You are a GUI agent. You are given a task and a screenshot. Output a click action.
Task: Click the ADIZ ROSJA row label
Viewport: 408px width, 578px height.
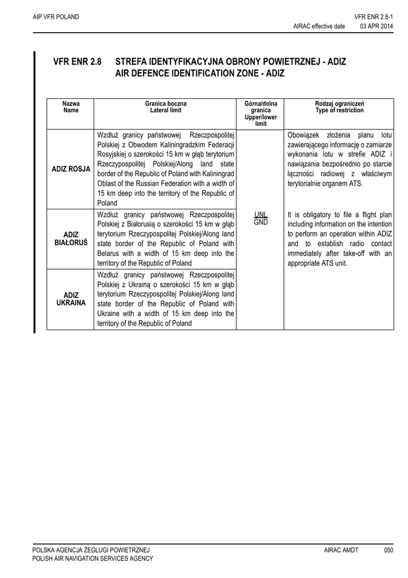click(71, 169)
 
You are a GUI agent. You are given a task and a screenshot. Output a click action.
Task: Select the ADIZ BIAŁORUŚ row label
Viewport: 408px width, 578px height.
click(71, 239)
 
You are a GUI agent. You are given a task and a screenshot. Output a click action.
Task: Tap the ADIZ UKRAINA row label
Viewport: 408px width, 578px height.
click(71, 299)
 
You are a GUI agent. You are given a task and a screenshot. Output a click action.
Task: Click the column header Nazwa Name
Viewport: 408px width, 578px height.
click(71, 107)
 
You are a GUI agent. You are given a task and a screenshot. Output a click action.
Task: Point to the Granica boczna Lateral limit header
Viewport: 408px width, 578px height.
click(165, 107)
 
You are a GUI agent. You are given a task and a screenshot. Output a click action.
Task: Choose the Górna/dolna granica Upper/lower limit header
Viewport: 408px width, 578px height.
click(261, 113)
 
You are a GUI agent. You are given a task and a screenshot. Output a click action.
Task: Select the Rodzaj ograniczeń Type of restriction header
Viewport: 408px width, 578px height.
click(339, 107)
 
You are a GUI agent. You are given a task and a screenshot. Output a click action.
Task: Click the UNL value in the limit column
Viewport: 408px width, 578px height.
click(260, 215)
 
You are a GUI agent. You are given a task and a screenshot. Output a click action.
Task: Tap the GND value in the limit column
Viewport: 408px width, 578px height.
click(260, 222)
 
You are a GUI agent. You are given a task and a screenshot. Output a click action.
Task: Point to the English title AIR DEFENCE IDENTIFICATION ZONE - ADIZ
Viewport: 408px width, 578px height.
click(200, 73)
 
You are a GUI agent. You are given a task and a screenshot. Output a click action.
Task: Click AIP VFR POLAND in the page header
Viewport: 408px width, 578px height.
click(56, 17)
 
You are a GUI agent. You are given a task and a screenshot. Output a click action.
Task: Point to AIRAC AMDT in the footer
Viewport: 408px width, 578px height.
click(341, 550)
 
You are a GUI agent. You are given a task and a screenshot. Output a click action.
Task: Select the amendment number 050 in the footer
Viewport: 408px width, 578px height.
click(388, 550)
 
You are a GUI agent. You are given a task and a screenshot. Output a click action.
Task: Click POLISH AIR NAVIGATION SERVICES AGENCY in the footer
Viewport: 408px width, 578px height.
click(93, 558)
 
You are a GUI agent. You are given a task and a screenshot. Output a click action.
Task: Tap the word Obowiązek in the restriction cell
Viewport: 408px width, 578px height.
click(304, 135)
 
